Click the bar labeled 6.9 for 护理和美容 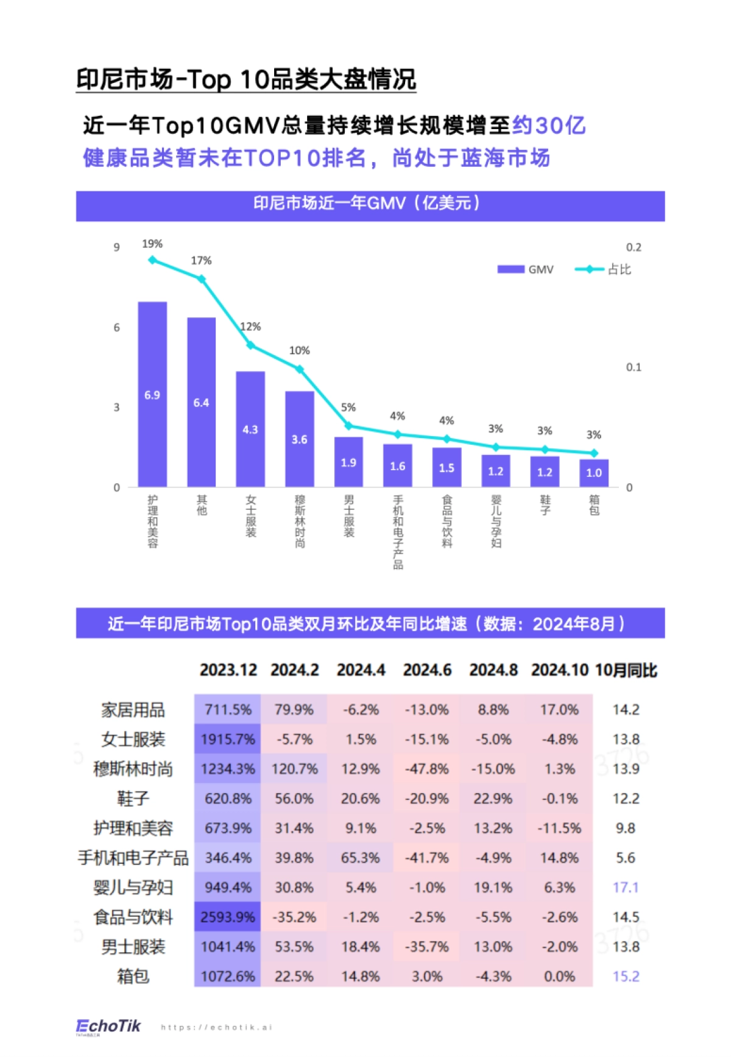pos(152,394)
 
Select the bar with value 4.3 pos(250,429)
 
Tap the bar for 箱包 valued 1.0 pos(594,473)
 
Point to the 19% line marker pos(152,260)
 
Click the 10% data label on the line pos(299,350)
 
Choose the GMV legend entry pos(526,269)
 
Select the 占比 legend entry pos(603,269)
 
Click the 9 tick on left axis pos(116,247)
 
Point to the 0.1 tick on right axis pos(634,367)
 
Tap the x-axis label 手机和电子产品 pos(398,532)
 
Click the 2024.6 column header pos(427,670)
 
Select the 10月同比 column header pos(626,670)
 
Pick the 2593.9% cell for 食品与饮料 pos(228,917)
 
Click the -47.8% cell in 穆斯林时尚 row pos(427,769)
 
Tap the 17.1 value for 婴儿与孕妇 pos(626,888)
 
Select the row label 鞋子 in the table pos(133,799)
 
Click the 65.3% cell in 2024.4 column pos(361,858)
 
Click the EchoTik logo pos(108,1027)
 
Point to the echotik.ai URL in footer pos(216,1027)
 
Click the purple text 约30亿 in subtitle pos(548,125)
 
